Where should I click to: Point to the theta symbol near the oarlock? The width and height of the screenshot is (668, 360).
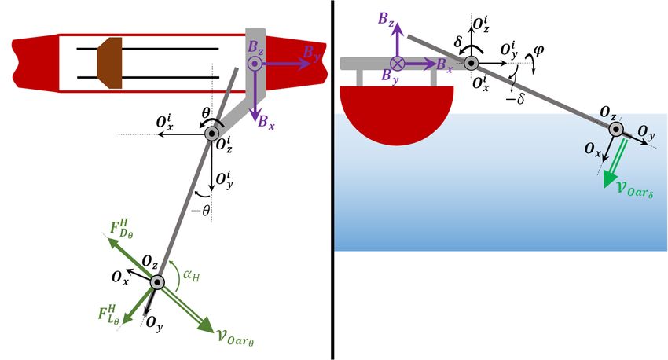tap(207, 115)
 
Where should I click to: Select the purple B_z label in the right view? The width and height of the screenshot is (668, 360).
tap(386, 20)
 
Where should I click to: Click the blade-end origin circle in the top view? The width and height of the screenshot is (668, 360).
tap(157, 283)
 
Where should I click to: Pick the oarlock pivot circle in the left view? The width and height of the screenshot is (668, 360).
tap(214, 134)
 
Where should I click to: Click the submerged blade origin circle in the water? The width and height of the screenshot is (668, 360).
tap(616, 130)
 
